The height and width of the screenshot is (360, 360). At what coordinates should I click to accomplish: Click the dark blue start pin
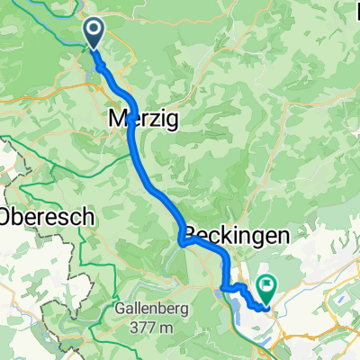94,33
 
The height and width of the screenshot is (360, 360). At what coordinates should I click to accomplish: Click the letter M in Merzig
117,117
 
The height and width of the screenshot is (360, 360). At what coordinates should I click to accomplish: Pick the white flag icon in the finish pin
268,284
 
